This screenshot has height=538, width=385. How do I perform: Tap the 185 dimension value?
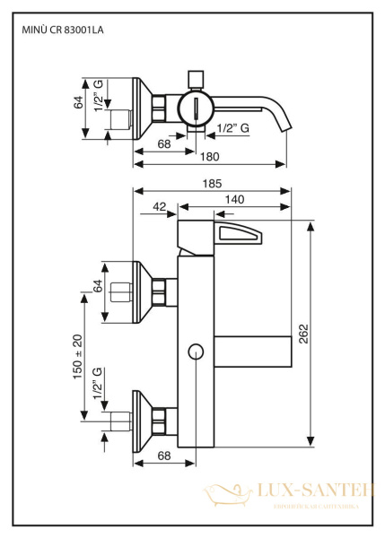[x=212, y=183]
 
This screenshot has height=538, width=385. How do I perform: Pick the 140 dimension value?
[x=235, y=199]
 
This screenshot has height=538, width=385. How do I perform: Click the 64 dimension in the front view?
[x=98, y=292]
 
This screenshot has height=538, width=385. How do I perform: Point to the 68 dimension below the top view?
[x=164, y=143]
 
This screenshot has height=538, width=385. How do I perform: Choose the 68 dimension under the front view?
[x=165, y=456]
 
